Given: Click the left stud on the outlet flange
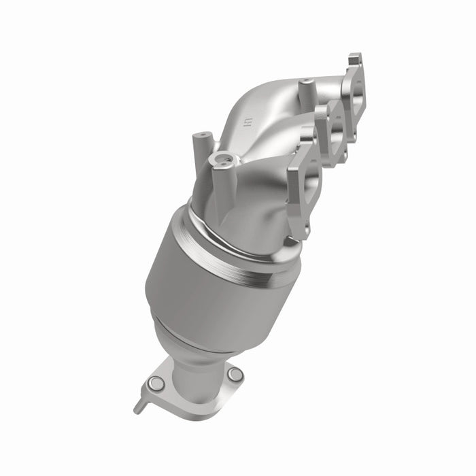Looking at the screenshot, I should tap(156, 384).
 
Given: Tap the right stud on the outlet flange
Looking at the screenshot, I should tap(235, 374).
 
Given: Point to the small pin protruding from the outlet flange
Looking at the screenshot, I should tap(139, 407).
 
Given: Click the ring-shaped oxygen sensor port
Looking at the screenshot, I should tap(222, 160).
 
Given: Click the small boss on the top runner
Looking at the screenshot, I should tap(307, 87).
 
